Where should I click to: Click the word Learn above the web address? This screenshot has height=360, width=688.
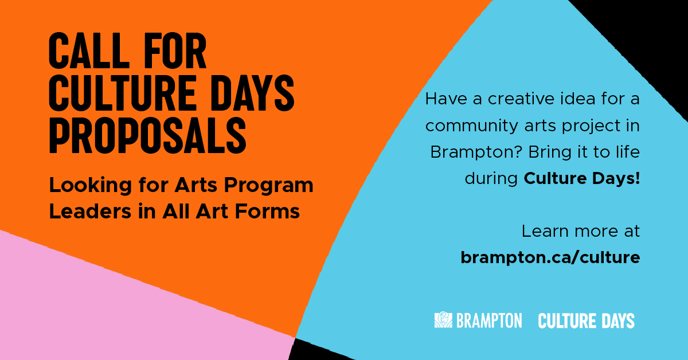coord(541,232)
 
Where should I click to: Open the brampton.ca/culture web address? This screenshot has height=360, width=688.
coord(550,258)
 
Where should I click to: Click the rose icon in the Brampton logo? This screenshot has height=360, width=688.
coord(443,320)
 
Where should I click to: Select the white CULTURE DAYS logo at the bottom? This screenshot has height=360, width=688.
coord(586,320)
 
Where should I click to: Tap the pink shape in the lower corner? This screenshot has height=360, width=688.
coord(115,310)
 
